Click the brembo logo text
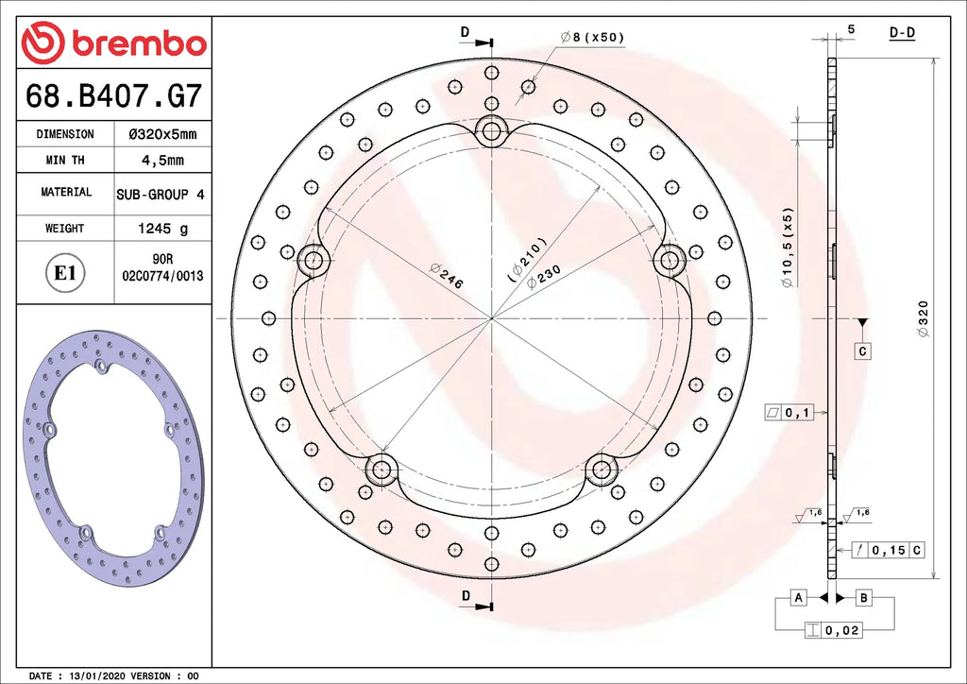coord(139,44)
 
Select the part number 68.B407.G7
coord(113,96)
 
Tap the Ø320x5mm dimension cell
coord(162,134)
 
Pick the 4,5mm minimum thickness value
coord(162,161)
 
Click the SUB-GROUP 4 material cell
coord(161,195)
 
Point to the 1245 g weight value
coord(162,229)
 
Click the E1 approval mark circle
coord(64,272)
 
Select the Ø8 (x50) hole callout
coord(592,38)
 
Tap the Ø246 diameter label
coord(447,275)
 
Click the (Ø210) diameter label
coord(527,260)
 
